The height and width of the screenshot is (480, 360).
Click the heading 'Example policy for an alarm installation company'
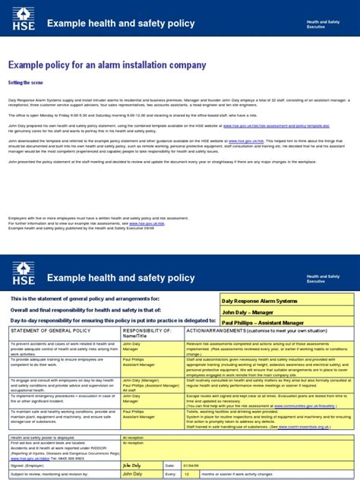(107, 65)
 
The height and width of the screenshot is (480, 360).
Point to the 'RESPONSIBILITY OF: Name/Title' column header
(147, 335)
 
